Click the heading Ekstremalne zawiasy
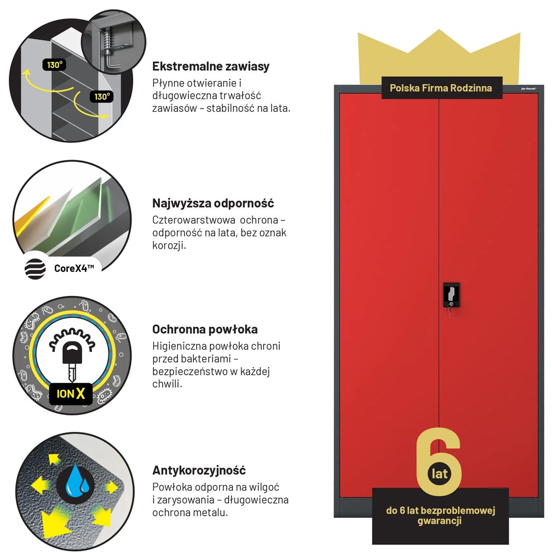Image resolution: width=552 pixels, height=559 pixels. click(x=211, y=66)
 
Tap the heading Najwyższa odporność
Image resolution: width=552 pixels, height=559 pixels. click(x=213, y=203)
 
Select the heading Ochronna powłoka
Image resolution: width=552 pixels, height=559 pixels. click(x=205, y=329)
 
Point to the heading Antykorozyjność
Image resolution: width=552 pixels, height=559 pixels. click(x=199, y=470)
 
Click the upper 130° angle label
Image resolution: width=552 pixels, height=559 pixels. click(x=54, y=65)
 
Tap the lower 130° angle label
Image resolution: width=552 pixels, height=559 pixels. click(x=102, y=96)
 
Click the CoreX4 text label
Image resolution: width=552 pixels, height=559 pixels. click(x=74, y=268)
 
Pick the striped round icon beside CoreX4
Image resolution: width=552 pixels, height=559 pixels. click(x=35, y=269)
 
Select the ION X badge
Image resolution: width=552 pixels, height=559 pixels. click(x=71, y=393)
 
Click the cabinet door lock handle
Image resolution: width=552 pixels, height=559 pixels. click(x=451, y=295)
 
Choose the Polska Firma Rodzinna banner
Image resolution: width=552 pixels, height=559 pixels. click(x=441, y=88)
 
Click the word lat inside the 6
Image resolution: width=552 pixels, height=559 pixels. click(x=439, y=474)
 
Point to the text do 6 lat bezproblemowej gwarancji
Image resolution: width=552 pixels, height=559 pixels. click(x=440, y=516)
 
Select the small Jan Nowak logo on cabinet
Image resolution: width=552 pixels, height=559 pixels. click(x=528, y=88)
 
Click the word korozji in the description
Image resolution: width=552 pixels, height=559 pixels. click(x=169, y=246)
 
